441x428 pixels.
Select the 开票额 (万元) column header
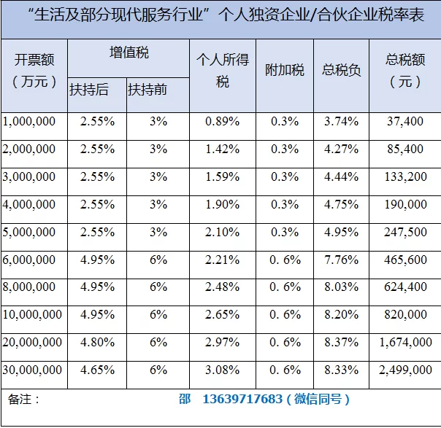[34, 70]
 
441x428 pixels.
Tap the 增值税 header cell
[128, 52]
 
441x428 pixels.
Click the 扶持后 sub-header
[89, 90]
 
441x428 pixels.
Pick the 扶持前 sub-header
[147, 90]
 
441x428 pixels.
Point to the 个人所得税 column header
[222, 71]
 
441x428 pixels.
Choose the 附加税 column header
[285, 71]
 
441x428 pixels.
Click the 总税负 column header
[341, 71]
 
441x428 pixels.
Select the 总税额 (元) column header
[405, 70]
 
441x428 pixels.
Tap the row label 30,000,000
[32, 370]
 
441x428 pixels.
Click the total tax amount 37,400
[405, 121]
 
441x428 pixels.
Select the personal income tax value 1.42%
[222, 149]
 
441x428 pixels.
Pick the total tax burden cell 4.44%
[341, 176]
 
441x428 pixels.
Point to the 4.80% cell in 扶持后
[96, 343]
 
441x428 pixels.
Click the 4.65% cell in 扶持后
[96, 370]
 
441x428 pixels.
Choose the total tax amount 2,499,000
[405, 370]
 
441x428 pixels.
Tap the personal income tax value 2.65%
[222, 315]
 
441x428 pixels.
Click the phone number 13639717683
[241, 400]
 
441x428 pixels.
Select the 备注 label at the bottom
[23, 400]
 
